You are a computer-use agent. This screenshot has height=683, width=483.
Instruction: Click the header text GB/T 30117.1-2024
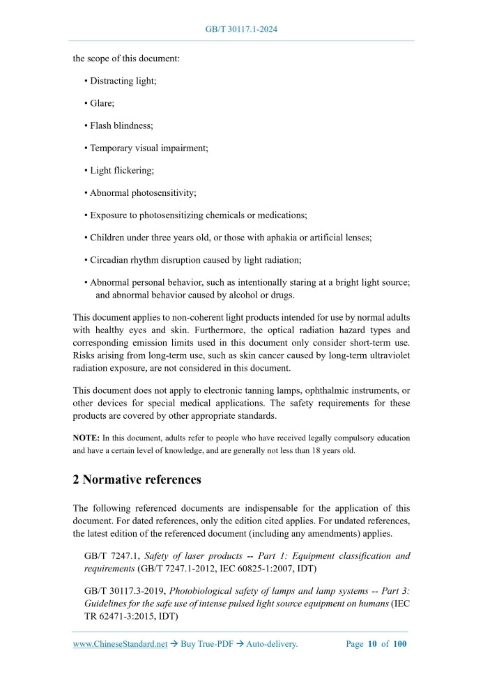click(241, 29)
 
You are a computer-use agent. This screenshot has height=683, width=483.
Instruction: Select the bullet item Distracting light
click(123, 81)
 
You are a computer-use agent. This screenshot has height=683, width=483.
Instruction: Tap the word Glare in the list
click(102, 103)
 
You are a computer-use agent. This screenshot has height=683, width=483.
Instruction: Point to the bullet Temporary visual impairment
click(148, 148)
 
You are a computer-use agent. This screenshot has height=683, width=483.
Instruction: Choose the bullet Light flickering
click(122, 170)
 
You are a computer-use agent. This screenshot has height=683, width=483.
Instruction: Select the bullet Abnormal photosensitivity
click(143, 192)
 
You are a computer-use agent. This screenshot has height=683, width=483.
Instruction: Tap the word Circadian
click(109, 259)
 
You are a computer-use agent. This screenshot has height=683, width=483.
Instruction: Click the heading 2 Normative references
click(137, 479)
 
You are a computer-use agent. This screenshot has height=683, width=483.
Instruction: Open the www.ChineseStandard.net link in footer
click(120, 644)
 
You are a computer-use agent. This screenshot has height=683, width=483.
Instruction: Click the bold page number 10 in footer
click(373, 644)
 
